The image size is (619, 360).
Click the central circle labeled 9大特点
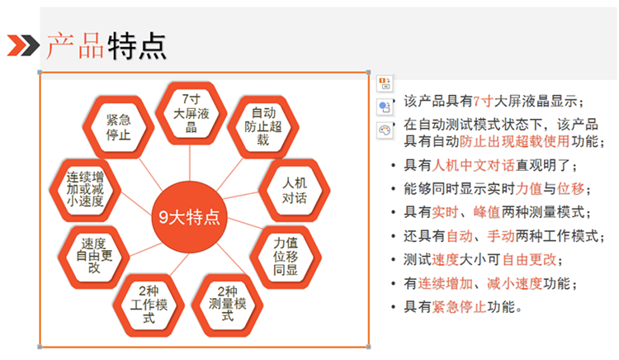pos(190,216)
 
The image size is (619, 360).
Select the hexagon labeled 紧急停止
pos(118,127)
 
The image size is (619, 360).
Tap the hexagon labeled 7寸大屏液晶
pos(191,113)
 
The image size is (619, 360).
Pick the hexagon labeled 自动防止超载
pos(263,127)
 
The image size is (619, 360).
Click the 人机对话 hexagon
pos(294,190)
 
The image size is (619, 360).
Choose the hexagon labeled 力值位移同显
pos(286,257)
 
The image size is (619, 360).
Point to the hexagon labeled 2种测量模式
pos(227,305)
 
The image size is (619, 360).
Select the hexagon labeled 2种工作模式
pos(149,305)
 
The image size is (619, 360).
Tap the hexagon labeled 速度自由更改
pos(94,257)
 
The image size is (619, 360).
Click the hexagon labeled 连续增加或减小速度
pos(85,190)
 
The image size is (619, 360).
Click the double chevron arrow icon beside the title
pos(23,45)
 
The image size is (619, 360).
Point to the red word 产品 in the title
pos(75,45)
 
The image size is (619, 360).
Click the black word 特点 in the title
pos(137,45)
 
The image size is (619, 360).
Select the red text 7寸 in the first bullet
pos(483,102)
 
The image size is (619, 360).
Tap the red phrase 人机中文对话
pos(474,165)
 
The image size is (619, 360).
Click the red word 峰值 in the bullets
pos(487,212)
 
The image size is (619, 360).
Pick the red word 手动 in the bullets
pos(501,236)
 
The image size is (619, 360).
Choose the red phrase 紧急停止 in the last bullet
pos(460,306)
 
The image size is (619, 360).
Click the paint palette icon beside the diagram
pos(385,130)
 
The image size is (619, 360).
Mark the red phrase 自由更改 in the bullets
pos(529,260)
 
